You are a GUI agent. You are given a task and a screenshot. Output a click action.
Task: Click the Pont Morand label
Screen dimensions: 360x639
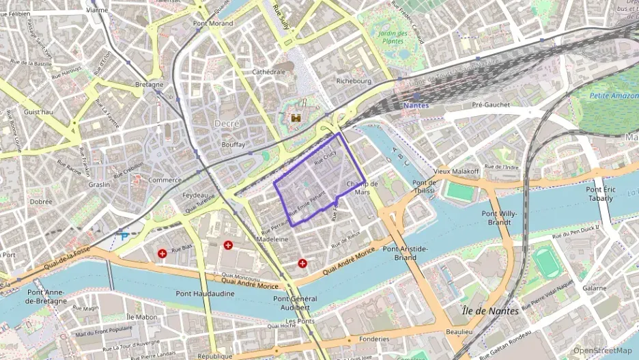[x=212, y=23]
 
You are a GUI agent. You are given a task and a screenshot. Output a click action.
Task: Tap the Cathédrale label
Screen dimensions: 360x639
[x=268, y=71]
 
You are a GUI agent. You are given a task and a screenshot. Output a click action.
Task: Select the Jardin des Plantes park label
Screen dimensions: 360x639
[x=393, y=38]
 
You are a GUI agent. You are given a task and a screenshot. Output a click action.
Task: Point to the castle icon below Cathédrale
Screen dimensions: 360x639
[x=296, y=118]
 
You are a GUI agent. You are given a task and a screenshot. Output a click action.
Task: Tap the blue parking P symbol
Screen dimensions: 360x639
[x=124, y=236]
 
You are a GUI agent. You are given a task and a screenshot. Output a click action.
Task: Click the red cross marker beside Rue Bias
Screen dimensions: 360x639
[x=162, y=253]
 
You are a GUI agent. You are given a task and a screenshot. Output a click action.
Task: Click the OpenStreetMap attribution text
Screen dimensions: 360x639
[x=602, y=350]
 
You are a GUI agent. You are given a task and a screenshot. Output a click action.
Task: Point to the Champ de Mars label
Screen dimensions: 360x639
[x=363, y=188]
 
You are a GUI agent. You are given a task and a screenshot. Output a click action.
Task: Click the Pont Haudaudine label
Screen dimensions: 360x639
[x=205, y=294]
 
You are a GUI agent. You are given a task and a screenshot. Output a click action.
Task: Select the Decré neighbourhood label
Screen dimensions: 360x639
[x=227, y=123]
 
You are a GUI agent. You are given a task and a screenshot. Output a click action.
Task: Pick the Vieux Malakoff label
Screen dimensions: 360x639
[x=456, y=171]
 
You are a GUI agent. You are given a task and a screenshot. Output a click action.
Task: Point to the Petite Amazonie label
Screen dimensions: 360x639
[x=612, y=96]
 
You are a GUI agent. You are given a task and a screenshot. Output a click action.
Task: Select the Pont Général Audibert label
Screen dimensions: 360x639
[x=295, y=303]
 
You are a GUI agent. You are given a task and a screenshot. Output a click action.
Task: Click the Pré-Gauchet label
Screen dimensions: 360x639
[x=491, y=105]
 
